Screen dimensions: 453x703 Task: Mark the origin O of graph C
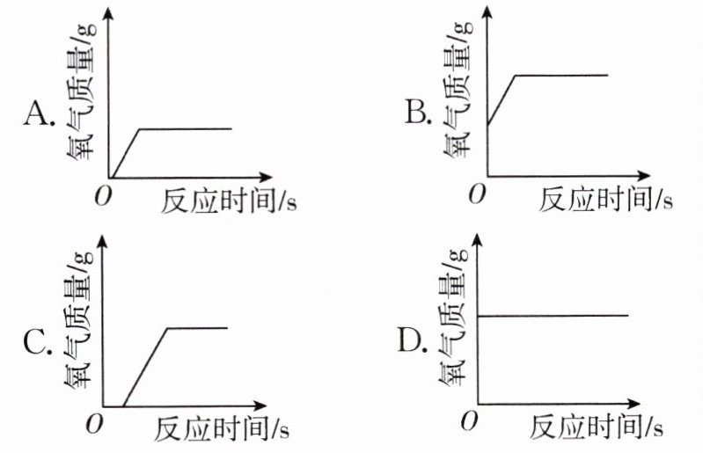click(93, 425)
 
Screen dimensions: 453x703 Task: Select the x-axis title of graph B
click(605, 201)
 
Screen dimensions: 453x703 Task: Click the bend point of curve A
click(140, 129)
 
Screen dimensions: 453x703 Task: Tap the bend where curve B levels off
click(515, 76)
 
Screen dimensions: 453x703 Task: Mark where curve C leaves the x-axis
click(123, 407)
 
